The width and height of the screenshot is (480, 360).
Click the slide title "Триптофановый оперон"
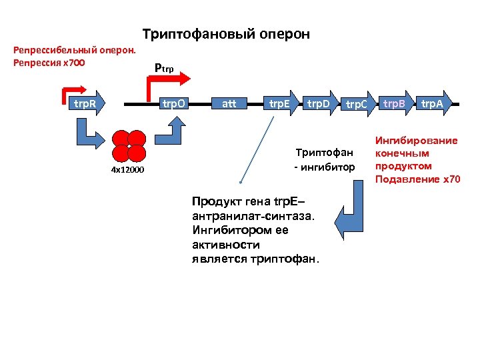tap(226, 34)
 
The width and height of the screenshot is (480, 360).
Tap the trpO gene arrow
tap(177, 103)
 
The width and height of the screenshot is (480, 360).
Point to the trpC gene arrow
tap(357, 104)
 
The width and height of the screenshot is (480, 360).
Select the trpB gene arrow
tap(395, 103)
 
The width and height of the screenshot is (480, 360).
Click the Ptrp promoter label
tap(163, 67)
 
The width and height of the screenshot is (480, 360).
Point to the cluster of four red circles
tap(129, 145)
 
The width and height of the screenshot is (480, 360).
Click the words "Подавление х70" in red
tap(417, 179)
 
